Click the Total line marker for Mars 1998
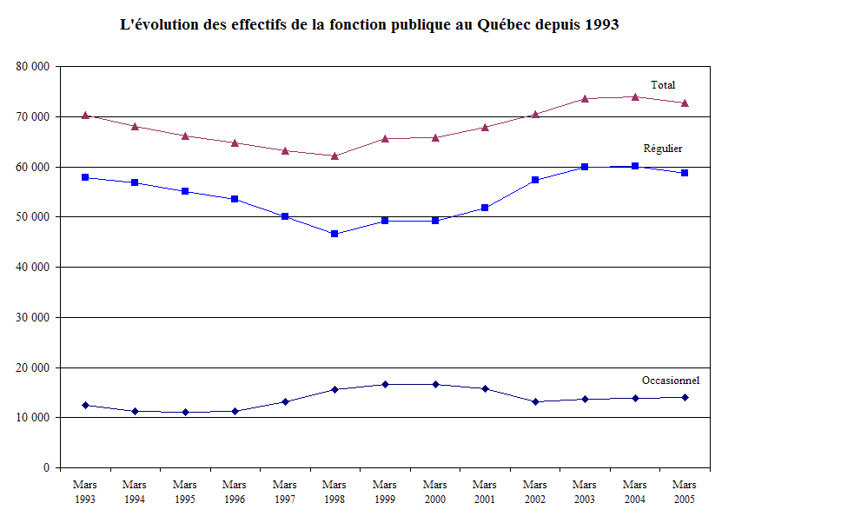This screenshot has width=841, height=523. coord(334,156)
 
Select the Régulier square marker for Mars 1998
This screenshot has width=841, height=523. coord(334,234)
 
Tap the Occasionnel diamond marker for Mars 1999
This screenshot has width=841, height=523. coord(385,384)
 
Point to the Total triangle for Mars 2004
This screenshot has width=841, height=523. coord(635,96)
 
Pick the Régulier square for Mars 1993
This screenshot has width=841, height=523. coord(85,177)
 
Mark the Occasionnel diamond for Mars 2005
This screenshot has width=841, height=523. coord(685,397)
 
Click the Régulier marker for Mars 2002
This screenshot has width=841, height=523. coord(535,180)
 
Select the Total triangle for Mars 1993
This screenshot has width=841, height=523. coord(85,115)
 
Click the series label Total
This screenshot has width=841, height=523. coord(663,85)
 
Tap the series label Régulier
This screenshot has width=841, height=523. coord(662,149)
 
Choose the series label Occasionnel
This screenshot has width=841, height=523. coord(671,381)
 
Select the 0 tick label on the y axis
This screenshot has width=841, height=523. coord(46,467)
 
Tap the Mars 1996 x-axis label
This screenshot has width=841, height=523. coord(235,492)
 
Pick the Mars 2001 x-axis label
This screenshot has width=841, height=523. coord(485,492)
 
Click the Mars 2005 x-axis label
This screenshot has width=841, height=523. coord(685,492)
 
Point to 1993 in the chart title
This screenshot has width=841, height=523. coord(601,25)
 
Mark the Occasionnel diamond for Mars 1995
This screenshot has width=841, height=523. coord(185,412)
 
